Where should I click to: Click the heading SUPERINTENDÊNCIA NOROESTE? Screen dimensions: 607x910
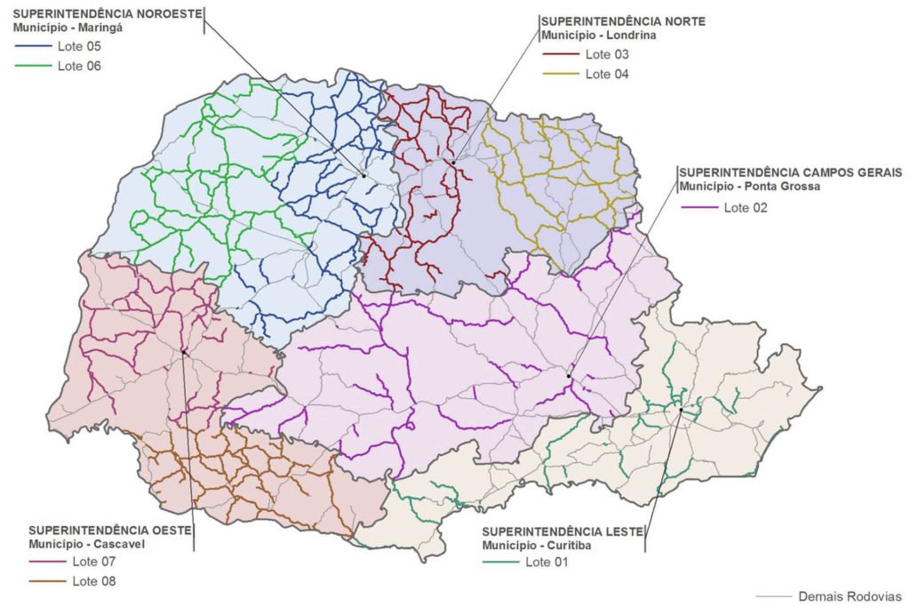click(108, 14)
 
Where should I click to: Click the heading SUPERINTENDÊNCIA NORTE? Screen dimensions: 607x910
click(623, 21)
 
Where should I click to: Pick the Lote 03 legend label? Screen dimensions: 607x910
click(607, 54)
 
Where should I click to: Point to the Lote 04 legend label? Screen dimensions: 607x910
click(607, 74)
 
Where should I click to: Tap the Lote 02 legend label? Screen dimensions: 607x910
click(745, 208)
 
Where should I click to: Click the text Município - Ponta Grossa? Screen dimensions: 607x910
click(749, 187)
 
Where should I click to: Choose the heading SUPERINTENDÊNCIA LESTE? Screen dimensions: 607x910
click(563, 531)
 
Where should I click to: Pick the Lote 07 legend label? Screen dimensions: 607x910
click(93, 562)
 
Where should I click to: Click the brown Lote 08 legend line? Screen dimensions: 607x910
click(47, 581)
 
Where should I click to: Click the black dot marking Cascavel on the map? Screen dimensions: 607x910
click(184, 352)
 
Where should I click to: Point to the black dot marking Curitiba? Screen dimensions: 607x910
click(681, 410)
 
